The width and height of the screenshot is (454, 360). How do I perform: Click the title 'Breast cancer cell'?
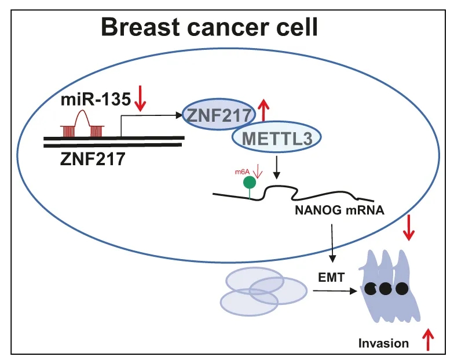pos(210,27)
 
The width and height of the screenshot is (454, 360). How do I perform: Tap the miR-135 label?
pos(96,100)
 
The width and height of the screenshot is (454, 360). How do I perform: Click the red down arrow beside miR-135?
pos(140,99)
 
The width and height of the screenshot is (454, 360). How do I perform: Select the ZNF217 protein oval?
pos(219,115)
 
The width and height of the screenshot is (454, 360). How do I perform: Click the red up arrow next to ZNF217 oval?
pos(263,110)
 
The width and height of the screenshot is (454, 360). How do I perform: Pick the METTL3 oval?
pos(277,137)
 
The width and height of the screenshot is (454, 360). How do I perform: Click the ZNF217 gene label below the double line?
pos(93,159)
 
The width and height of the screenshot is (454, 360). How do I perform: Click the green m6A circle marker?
pos(250,183)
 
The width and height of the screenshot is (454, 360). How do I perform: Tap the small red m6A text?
pos(242,172)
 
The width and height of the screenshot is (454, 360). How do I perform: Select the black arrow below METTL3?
pos(277,168)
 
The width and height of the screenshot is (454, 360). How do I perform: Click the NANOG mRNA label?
pos(339,210)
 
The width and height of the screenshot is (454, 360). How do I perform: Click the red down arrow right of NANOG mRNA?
pos(409,228)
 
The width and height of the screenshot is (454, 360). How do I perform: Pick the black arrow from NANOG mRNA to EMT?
pos(332,243)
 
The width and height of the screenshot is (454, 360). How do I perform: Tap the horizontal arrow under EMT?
pos(335,291)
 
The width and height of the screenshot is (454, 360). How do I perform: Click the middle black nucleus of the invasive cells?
pos(385,289)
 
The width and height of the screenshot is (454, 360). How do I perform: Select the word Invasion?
pos(383,343)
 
